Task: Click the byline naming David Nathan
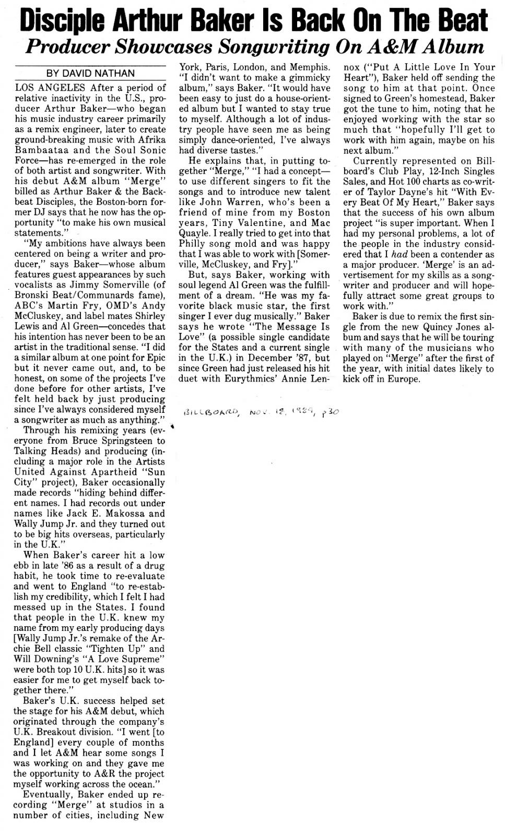(90, 74)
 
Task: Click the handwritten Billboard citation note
(261, 412)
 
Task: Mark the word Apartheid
(103, 472)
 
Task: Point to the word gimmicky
(311, 77)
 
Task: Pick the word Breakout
(61, 732)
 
